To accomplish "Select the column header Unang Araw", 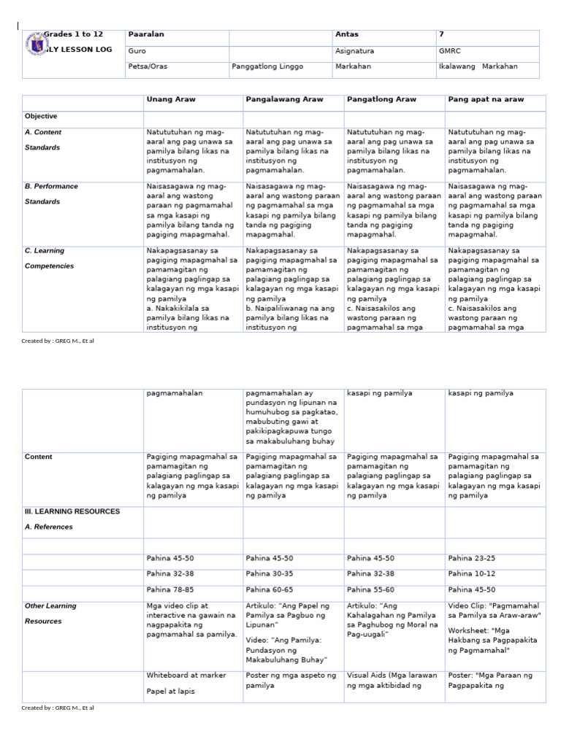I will pos(171,99).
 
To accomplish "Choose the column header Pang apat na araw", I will pos(486,99).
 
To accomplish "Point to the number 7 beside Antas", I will pos(441,34).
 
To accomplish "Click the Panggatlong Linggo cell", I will pos(267,66).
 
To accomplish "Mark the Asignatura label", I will pos(354,52).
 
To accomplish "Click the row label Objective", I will pos(41,116).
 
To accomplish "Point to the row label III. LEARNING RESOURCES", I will pos(72,511).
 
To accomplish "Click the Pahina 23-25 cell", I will pos(471,559).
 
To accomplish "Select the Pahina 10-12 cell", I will pos(471,574).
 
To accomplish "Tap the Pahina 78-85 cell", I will pos(169,589).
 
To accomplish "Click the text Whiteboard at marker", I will pos(186,676).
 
